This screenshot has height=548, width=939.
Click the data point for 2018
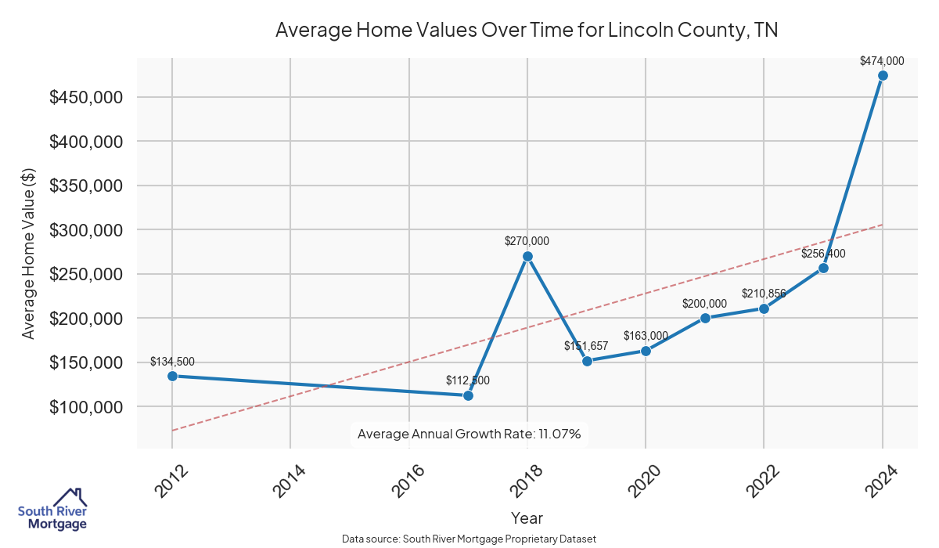click(527, 256)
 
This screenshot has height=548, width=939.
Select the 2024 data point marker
click(883, 76)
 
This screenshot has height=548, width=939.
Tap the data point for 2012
click(172, 376)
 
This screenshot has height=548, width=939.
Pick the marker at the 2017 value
click(468, 395)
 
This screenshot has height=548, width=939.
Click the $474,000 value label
click(882, 60)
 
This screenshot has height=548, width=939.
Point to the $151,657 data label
click(586, 345)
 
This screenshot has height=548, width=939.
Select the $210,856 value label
click(764, 294)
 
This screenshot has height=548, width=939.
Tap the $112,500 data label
click(468, 380)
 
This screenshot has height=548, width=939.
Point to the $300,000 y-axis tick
click(85, 230)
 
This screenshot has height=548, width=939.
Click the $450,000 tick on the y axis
click(85, 97)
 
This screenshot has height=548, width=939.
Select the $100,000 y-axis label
click(85, 407)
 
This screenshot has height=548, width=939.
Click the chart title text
click(527, 31)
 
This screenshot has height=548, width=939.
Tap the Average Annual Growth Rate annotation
click(469, 434)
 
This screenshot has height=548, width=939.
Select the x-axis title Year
click(527, 517)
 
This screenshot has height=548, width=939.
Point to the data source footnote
click(469, 539)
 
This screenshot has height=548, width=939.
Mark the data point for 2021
click(705, 318)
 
